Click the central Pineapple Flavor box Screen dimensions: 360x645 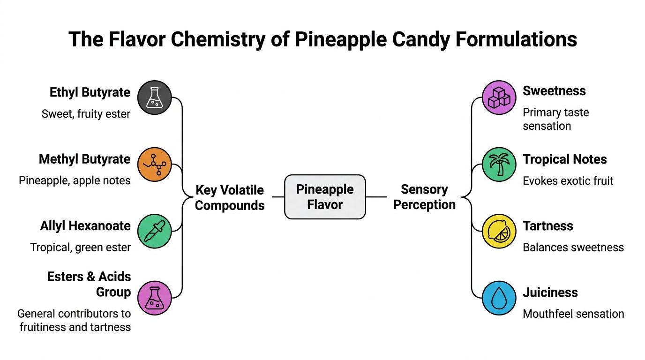point(325,197)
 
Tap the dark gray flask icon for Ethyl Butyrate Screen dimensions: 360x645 point(155,97)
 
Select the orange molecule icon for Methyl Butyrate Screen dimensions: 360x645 point(155,165)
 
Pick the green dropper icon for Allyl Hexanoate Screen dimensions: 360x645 point(155,231)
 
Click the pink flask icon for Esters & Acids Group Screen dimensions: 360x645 point(155,298)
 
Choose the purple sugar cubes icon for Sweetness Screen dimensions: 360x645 point(500,97)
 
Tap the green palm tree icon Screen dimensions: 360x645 point(500,165)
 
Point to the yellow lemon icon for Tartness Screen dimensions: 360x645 point(500,231)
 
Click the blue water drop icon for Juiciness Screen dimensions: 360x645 point(500,298)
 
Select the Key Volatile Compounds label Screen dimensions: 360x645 point(230,197)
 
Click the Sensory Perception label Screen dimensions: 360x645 point(424,197)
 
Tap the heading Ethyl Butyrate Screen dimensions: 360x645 point(90,92)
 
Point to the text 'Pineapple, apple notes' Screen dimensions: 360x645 point(75,180)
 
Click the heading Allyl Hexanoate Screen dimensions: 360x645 point(85,226)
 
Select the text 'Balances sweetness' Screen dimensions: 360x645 point(573,247)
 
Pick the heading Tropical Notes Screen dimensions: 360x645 point(565,159)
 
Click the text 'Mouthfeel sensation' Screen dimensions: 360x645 point(573,314)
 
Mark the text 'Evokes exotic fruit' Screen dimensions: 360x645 point(568,181)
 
